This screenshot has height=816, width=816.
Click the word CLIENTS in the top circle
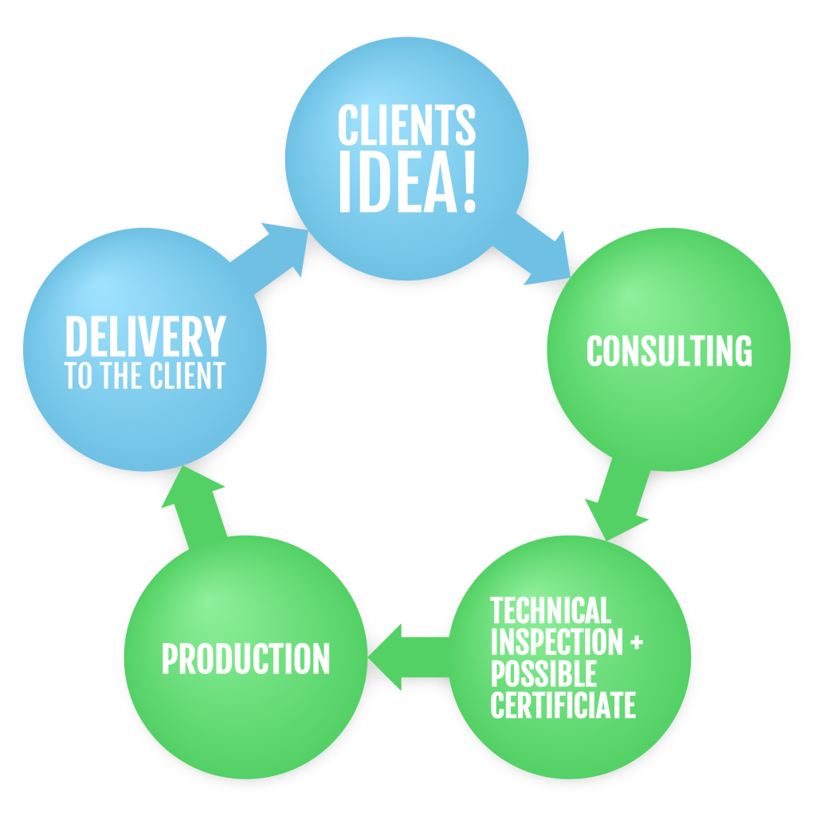pos(406,125)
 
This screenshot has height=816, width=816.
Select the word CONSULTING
pos(669,351)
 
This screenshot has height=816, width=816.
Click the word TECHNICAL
pos(551,611)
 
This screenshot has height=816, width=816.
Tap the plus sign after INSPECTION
pos(636,642)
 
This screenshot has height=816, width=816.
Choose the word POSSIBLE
pos(543,674)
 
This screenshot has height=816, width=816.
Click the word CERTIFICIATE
pos(563,705)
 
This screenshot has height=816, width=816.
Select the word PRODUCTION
pos(245,659)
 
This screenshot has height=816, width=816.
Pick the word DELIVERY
pos(145,337)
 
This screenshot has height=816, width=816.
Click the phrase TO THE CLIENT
pos(145,376)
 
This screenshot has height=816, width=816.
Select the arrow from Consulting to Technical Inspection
pos(619,497)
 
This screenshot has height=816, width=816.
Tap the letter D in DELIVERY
pos(76,337)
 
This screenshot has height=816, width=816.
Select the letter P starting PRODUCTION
pos(170,659)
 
